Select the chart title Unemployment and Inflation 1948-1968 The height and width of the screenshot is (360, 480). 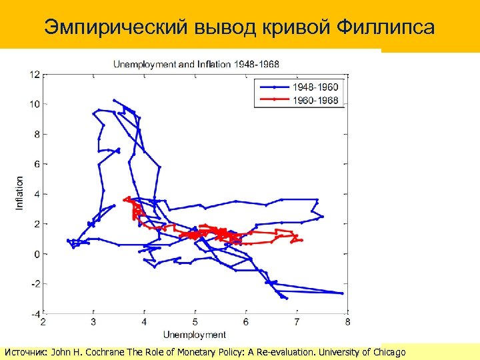coord(196,65)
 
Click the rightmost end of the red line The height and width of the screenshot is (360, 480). coord(301,240)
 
